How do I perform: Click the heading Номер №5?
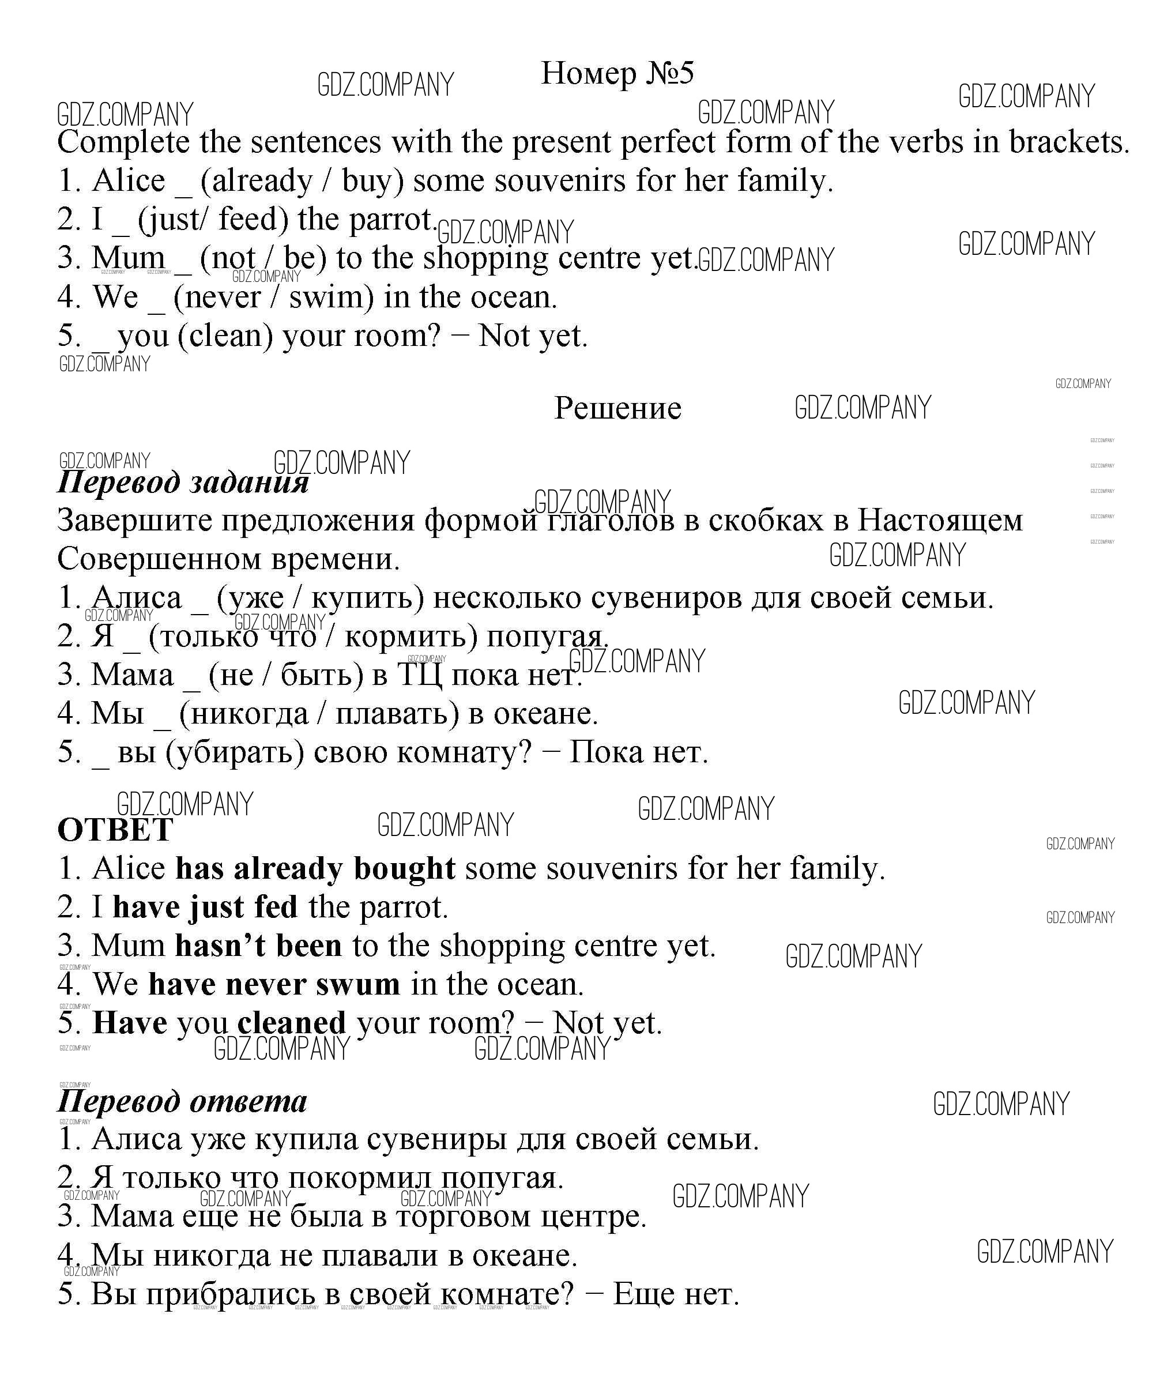616,73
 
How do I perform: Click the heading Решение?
617,407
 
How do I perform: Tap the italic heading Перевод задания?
183,481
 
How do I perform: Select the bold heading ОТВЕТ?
115,829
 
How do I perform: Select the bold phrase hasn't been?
259,945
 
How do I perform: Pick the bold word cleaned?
291,1022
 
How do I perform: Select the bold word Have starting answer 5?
130,1022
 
